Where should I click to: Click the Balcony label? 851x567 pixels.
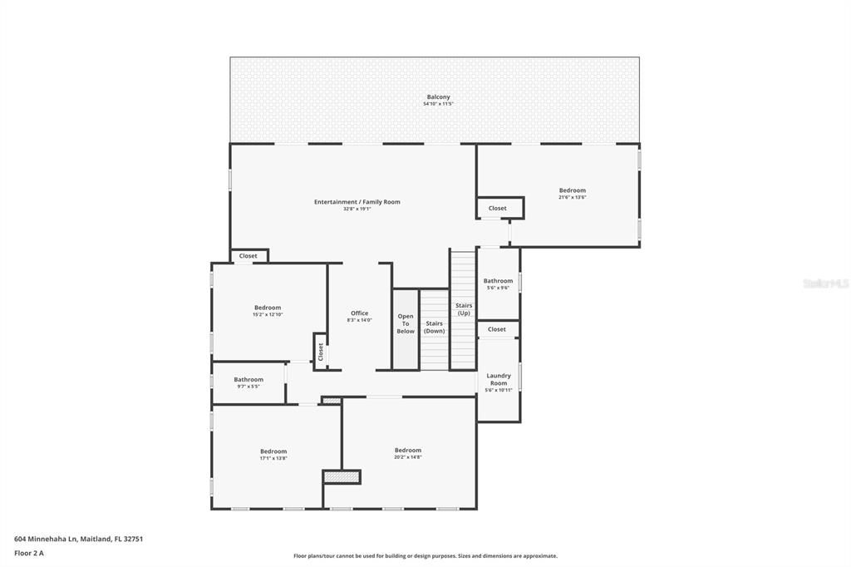point(438,96)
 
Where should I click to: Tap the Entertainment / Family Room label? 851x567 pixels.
point(357,202)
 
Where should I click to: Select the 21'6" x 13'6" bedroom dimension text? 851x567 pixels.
point(572,198)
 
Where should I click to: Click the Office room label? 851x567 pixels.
point(359,313)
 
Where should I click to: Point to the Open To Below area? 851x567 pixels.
point(406,323)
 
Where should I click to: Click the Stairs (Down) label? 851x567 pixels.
point(434,327)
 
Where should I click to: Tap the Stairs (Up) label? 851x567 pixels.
point(463,309)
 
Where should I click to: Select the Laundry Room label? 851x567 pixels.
point(499,379)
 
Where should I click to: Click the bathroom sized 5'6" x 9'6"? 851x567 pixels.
point(499,283)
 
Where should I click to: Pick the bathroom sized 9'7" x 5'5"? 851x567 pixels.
point(248,382)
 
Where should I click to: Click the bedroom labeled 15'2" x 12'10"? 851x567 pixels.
point(268,310)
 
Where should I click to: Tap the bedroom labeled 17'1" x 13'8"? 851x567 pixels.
point(273,454)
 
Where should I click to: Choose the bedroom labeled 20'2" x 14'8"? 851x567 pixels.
point(408,453)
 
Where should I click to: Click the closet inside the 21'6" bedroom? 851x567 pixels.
point(497,208)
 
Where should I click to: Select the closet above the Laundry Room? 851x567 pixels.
point(497,329)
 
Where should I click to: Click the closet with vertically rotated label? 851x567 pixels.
point(320,351)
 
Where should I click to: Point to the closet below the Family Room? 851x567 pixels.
point(248,256)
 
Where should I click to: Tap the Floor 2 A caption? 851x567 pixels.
point(28,553)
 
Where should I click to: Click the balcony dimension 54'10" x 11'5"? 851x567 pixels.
point(438,104)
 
